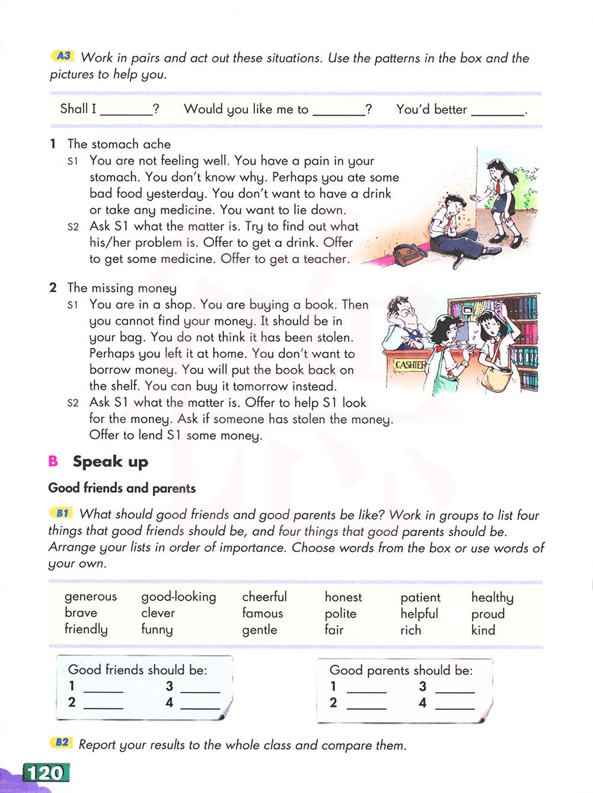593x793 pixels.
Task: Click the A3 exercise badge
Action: [63, 56]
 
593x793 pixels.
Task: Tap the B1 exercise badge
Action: [62, 513]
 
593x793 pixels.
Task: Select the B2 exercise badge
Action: [62, 743]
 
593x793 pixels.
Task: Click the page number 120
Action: [46, 773]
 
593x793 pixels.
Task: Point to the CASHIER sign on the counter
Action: [410, 365]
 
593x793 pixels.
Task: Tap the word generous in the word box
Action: [91, 597]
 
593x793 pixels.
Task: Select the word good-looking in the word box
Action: [178, 597]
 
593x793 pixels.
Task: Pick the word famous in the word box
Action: [263, 613]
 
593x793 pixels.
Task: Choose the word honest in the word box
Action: [343, 597]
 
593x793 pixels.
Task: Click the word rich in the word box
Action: [410, 630]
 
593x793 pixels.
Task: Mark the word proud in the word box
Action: [488, 614]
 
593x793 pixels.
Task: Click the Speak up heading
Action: [110, 462]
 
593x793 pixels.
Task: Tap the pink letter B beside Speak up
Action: [53, 461]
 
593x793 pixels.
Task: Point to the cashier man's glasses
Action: [407, 312]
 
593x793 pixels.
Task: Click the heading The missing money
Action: [122, 288]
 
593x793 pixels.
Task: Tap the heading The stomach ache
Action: [119, 144]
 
